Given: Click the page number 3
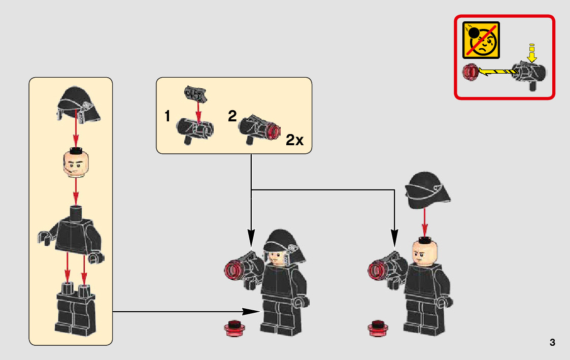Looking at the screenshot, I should (552, 343).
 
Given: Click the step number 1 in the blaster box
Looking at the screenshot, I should (167, 116).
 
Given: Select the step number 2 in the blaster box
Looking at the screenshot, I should (232, 116).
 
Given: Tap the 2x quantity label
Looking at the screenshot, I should (294, 140).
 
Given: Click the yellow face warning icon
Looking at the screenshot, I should (481, 40).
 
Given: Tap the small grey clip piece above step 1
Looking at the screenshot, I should (196, 93).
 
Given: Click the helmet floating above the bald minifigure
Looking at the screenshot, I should (428, 190).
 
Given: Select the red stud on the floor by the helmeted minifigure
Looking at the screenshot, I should (234, 329).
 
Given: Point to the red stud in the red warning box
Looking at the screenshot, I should (470, 73).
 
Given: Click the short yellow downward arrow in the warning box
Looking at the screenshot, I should (532, 53).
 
